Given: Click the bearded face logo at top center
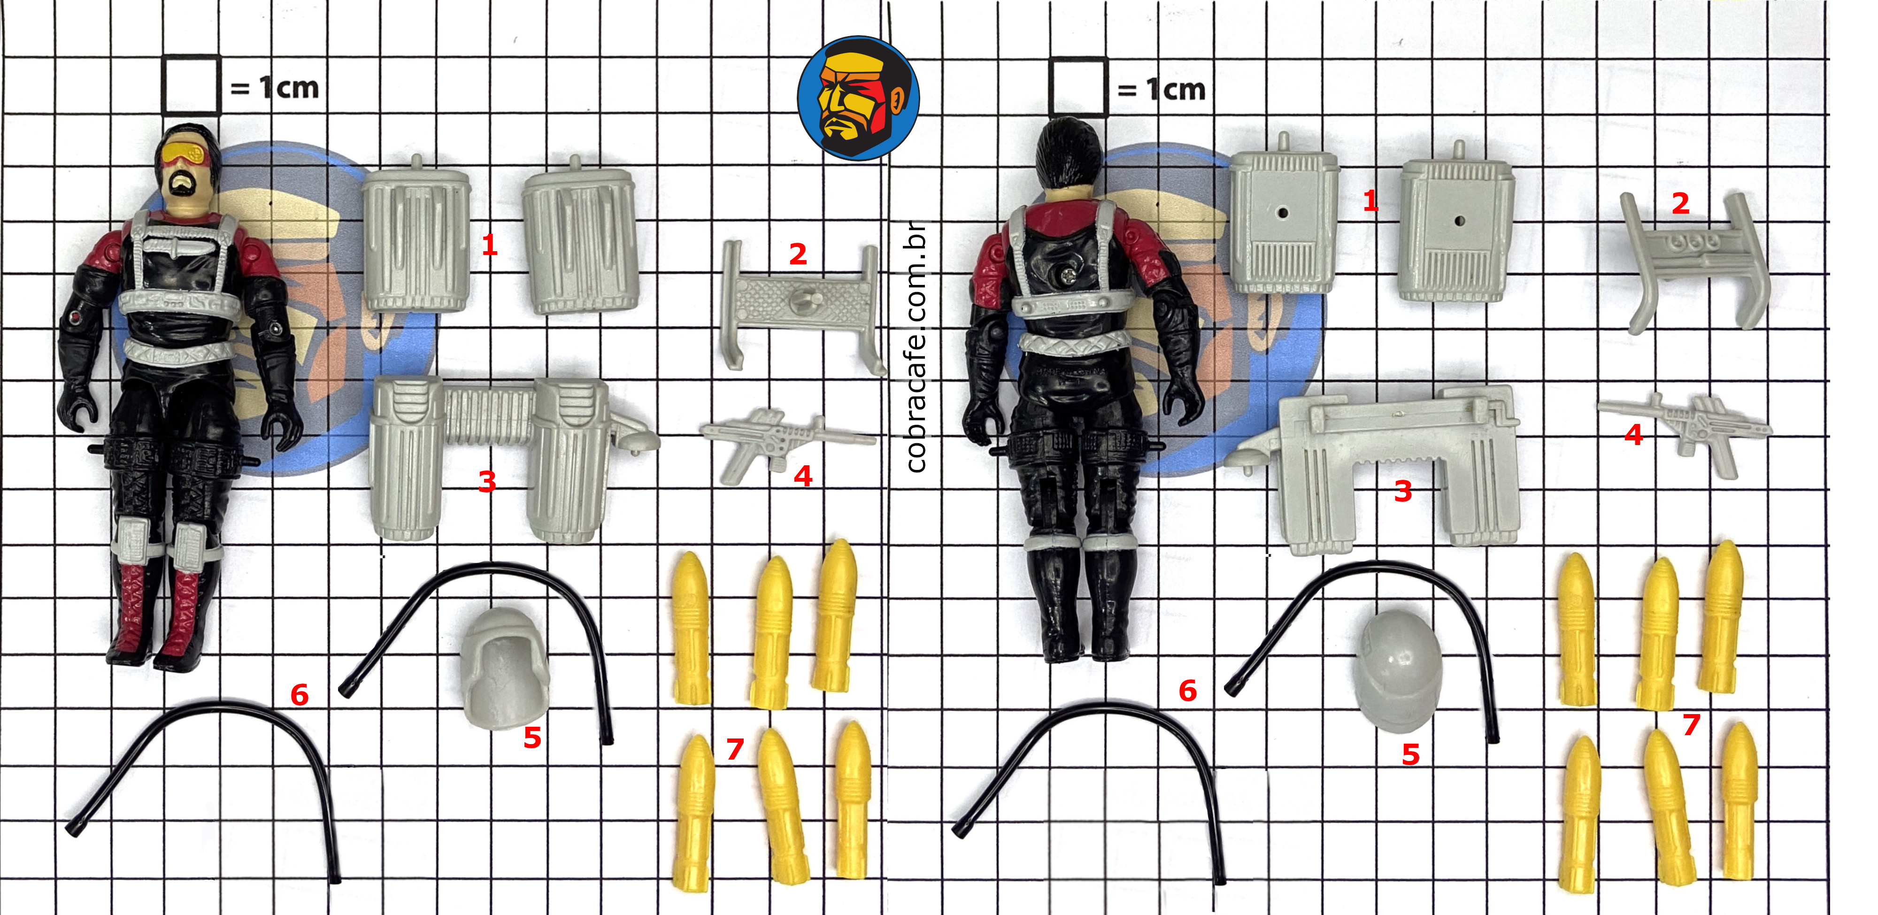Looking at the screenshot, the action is (x=858, y=98).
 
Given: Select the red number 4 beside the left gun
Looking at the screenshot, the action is (x=803, y=476).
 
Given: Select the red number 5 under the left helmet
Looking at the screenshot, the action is (x=532, y=738).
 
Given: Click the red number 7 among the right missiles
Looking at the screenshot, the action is (x=1691, y=725).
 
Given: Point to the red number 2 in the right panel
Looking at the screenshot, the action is (x=1680, y=203).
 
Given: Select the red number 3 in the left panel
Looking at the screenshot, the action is (x=487, y=481).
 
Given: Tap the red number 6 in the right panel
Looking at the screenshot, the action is (x=1188, y=691).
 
